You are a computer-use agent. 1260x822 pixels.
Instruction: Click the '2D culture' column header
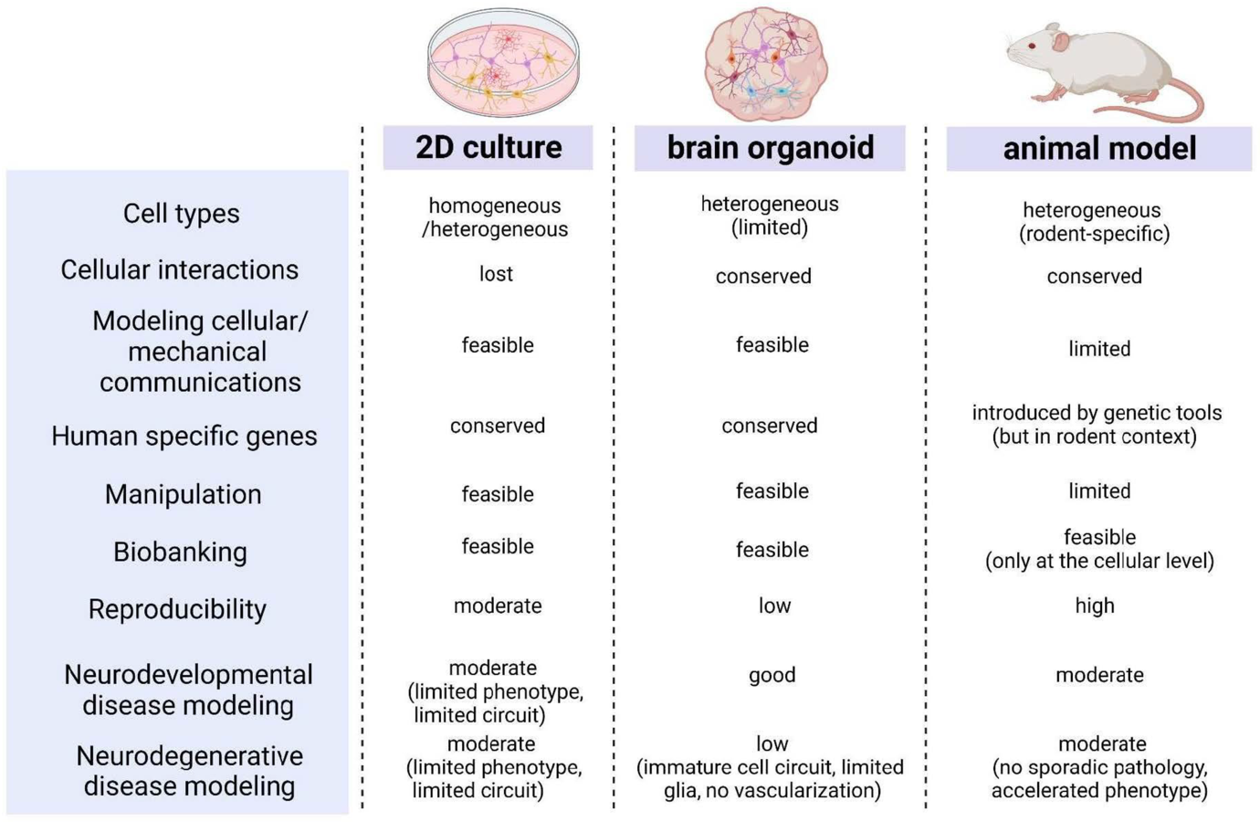[488, 148]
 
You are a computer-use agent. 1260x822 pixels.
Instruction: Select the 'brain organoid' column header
[770, 148]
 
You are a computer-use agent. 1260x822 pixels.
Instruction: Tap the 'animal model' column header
[1098, 149]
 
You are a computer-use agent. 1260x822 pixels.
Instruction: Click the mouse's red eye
[1032, 45]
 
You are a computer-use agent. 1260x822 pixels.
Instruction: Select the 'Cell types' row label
[181, 214]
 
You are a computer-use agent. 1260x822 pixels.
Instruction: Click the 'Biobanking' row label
[180, 552]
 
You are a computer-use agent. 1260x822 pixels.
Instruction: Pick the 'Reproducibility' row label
[177, 609]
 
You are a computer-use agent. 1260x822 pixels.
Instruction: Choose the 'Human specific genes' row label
[184, 437]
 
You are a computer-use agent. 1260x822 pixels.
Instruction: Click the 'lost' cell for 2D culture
[496, 274]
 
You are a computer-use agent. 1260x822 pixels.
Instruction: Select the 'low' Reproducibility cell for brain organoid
[774, 606]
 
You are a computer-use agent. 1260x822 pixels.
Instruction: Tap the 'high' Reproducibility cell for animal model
[1094, 606]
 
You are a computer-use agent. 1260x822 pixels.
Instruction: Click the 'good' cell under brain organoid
[772, 675]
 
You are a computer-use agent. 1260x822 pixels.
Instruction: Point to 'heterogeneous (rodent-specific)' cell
[1093, 222]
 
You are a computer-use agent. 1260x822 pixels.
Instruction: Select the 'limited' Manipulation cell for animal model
[1099, 491]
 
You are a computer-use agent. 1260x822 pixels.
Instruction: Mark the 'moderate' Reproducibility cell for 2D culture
[498, 606]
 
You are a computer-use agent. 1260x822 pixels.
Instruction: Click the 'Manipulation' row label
[183, 494]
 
